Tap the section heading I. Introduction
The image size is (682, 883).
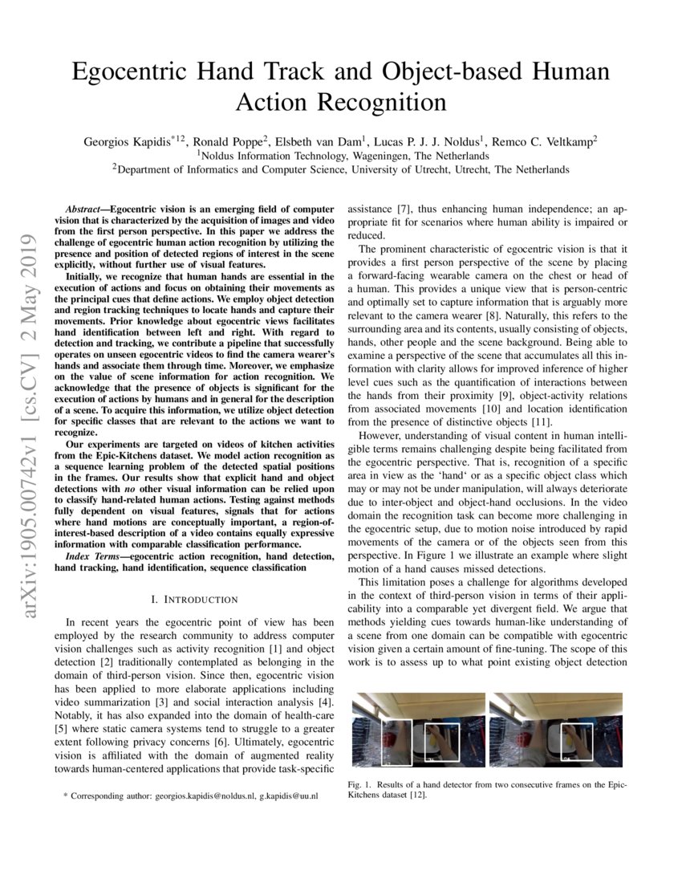pyautogui.click(x=195, y=599)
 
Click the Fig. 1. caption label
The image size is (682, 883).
pyautogui.click(x=359, y=784)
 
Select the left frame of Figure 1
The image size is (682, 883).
pyautogui.click(x=418, y=729)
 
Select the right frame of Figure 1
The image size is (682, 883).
pyautogui.click(x=556, y=729)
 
